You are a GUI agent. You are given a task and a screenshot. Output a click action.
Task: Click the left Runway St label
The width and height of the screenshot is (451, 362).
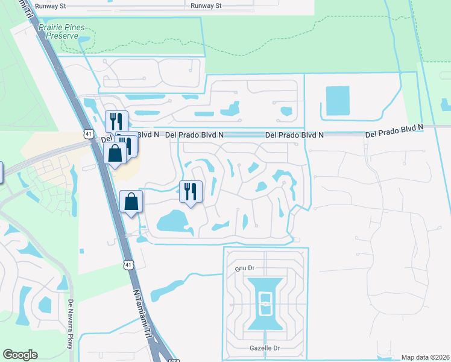51,6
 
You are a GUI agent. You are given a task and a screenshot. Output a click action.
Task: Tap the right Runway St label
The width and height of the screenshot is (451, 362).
207,6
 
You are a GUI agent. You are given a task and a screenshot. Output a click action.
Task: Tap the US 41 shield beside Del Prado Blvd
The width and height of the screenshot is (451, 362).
89,133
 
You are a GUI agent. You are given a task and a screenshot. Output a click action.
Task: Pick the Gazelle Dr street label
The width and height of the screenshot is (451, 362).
265,349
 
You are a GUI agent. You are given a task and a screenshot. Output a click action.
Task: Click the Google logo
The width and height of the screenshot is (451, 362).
20,355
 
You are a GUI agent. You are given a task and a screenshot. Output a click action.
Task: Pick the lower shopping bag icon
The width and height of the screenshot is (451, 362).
131,202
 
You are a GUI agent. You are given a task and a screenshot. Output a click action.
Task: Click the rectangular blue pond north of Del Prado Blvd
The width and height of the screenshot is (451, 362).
337,101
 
